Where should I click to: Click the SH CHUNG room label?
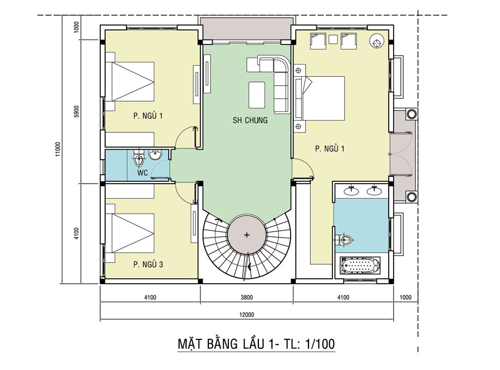click(x=250, y=120)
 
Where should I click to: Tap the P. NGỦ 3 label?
click(x=148, y=264)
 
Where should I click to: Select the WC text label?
click(x=143, y=172)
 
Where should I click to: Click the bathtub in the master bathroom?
click(x=360, y=265)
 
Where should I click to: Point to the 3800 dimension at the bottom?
click(x=247, y=297)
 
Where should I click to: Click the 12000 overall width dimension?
click(x=247, y=315)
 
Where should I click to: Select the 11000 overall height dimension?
click(x=58, y=149)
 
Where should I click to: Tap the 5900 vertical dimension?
click(x=76, y=111)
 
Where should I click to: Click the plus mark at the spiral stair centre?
click(x=247, y=235)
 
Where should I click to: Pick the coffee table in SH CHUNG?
click(x=257, y=95)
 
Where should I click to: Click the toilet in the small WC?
click(x=139, y=158)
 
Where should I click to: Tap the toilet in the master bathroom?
click(x=345, y=240)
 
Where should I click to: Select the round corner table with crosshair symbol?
click(x=376, y=41)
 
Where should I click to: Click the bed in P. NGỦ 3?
click(x=130, y=233)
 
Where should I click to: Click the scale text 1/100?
click(x=320, y=344)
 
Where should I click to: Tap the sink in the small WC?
click(x=155, y=155)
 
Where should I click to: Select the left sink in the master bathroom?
click(x=351, y=191)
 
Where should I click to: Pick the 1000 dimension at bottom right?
click(x=405, y=297)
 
